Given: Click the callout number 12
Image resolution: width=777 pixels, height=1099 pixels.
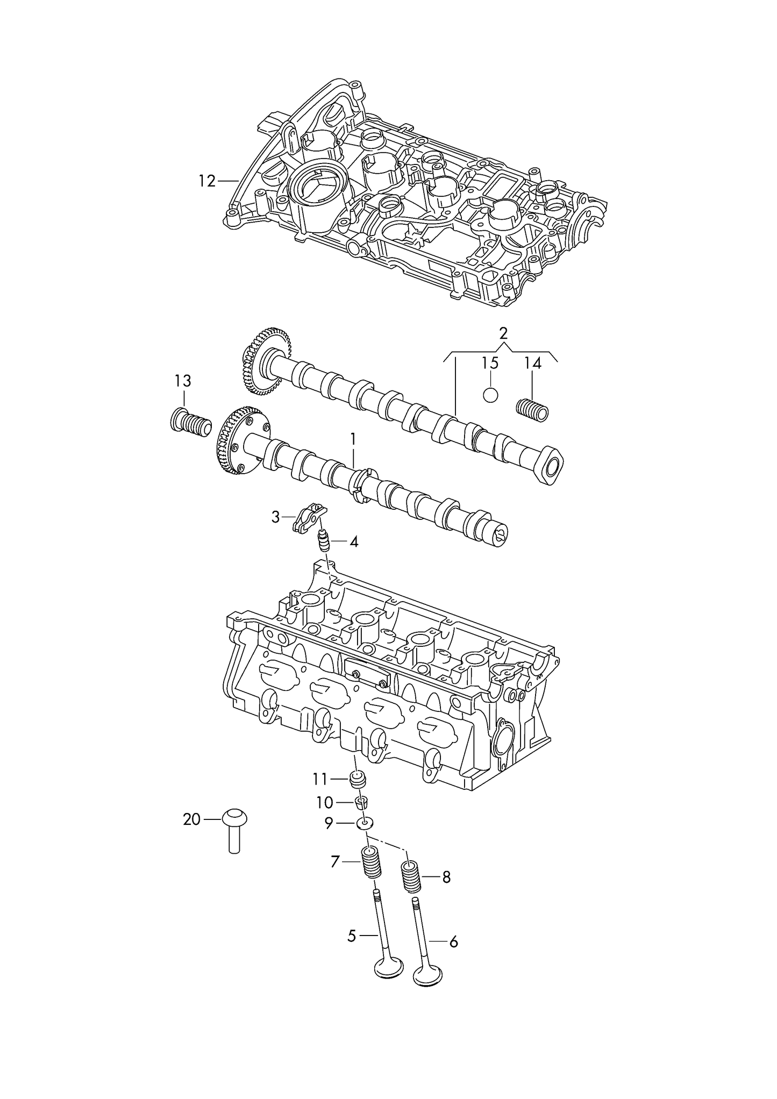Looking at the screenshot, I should pos(206,181).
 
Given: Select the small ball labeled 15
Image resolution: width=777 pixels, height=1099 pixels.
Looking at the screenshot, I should pos(490,395).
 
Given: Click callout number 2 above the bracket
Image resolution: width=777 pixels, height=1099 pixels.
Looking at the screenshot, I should pos(503,333).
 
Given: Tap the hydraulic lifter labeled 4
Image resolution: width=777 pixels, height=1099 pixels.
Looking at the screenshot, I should pos(324,540).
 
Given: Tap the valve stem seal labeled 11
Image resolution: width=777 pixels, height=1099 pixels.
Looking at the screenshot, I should pos(358,779).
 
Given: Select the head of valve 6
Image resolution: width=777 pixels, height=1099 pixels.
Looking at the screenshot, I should pos(428,976).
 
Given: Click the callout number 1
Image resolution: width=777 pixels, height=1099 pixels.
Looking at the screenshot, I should pos(353,439).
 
